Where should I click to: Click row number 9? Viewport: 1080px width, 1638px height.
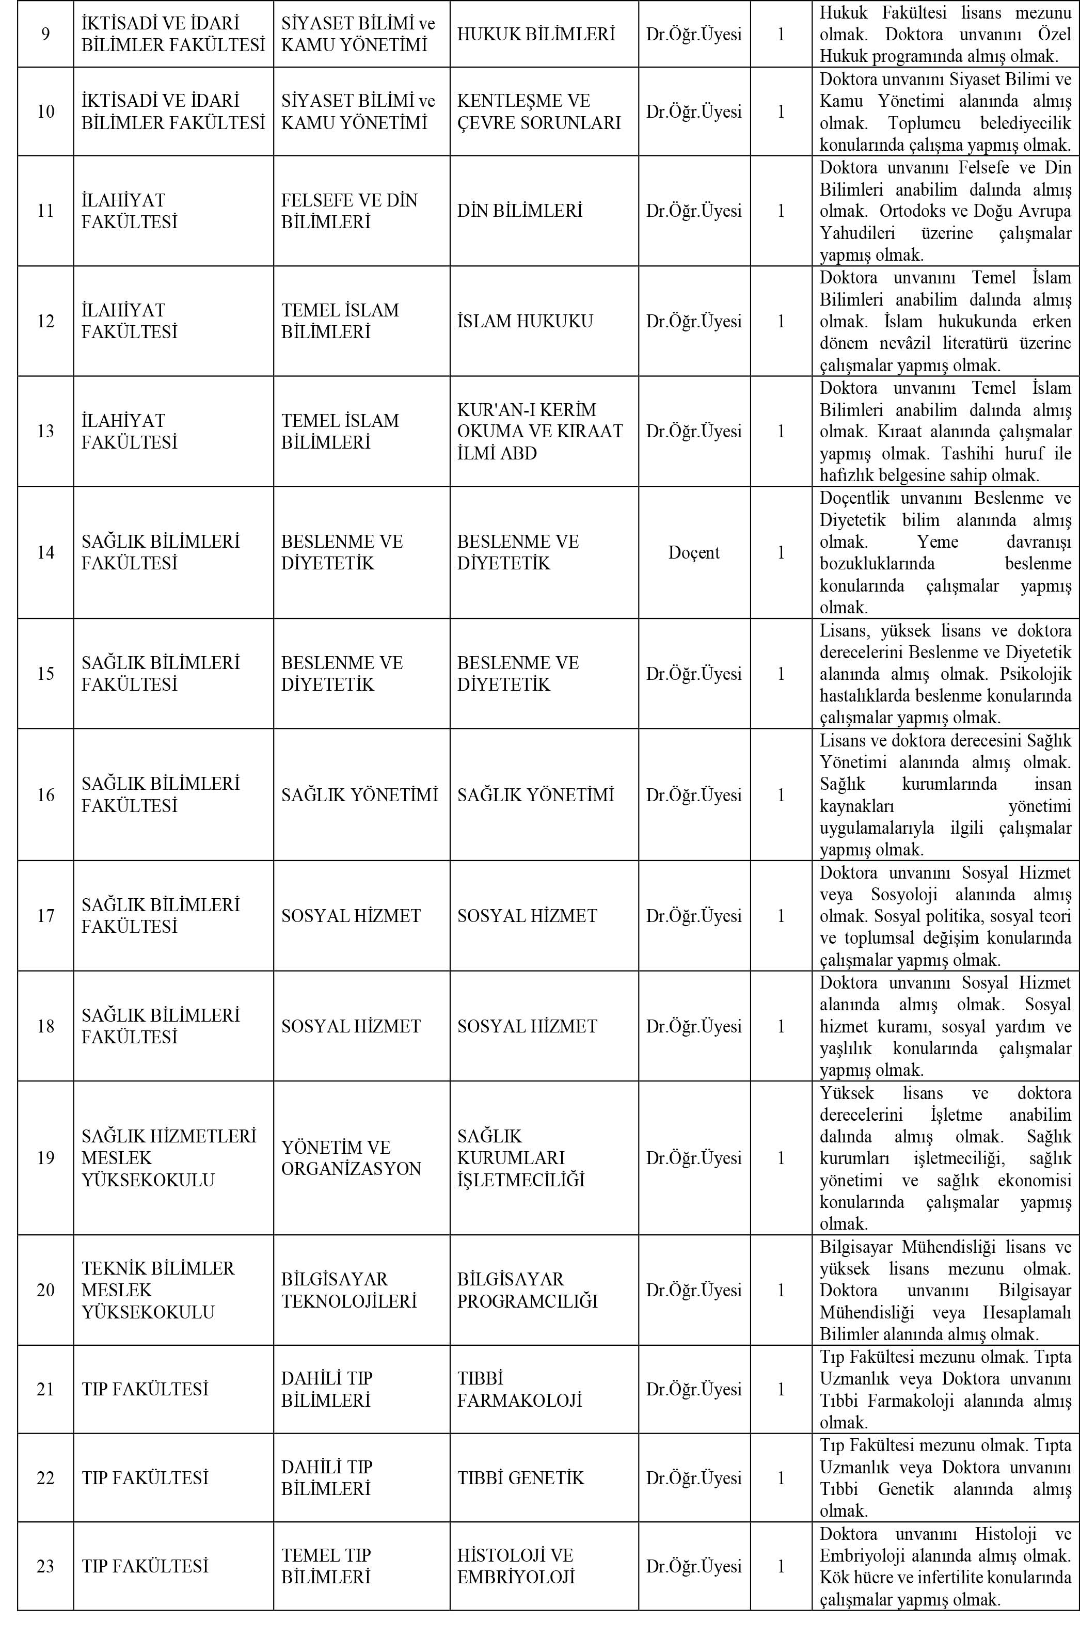point(45,34)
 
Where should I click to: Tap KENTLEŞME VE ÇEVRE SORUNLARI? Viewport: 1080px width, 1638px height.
point(538,112)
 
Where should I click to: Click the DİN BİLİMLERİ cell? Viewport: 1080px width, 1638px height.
point(520,211)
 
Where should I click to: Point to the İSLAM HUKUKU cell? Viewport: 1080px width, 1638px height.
point(525,321)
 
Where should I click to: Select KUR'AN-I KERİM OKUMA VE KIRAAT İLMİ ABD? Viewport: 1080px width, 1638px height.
point(540,431)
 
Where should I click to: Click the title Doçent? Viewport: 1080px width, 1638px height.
point(694,552)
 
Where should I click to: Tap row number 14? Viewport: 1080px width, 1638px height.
point(45,552)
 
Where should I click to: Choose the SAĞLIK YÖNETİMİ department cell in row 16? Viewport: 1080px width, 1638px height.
point(359,795)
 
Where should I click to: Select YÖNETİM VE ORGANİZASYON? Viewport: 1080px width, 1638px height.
point(351,1158)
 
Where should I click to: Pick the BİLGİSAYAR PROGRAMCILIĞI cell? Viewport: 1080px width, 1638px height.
point(527,1290)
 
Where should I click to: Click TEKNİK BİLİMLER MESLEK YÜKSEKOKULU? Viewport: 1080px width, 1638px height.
point(158,1290)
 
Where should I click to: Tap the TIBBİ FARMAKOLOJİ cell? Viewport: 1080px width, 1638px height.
point(519,1389)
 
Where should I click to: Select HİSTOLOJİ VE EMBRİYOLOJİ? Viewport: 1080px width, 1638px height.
point(516,1566)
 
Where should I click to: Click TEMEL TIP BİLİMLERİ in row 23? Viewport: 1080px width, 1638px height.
point(326,1566)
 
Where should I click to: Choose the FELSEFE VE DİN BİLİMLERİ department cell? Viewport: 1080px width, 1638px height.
point(349,211)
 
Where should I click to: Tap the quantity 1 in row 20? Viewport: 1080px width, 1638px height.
point(781,1290)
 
